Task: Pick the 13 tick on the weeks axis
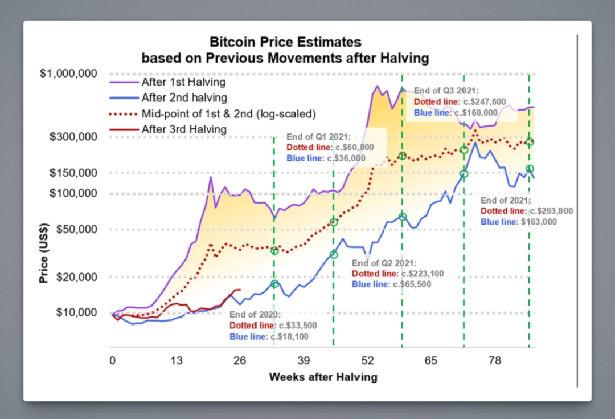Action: click(177, 360)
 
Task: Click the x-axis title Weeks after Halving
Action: click(323, 377)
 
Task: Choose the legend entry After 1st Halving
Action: click(183, 82)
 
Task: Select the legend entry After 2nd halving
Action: click(184, 97)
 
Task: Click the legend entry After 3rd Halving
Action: click(184, 129)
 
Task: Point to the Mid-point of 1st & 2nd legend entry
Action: click(228, 113)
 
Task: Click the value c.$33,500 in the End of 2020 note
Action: click(297, 326)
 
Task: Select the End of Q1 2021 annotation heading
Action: click(319, 137)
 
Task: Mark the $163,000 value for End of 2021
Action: click(539, 222)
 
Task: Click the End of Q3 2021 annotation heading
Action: click(446, 91)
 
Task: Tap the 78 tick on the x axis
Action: click(494, 360)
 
